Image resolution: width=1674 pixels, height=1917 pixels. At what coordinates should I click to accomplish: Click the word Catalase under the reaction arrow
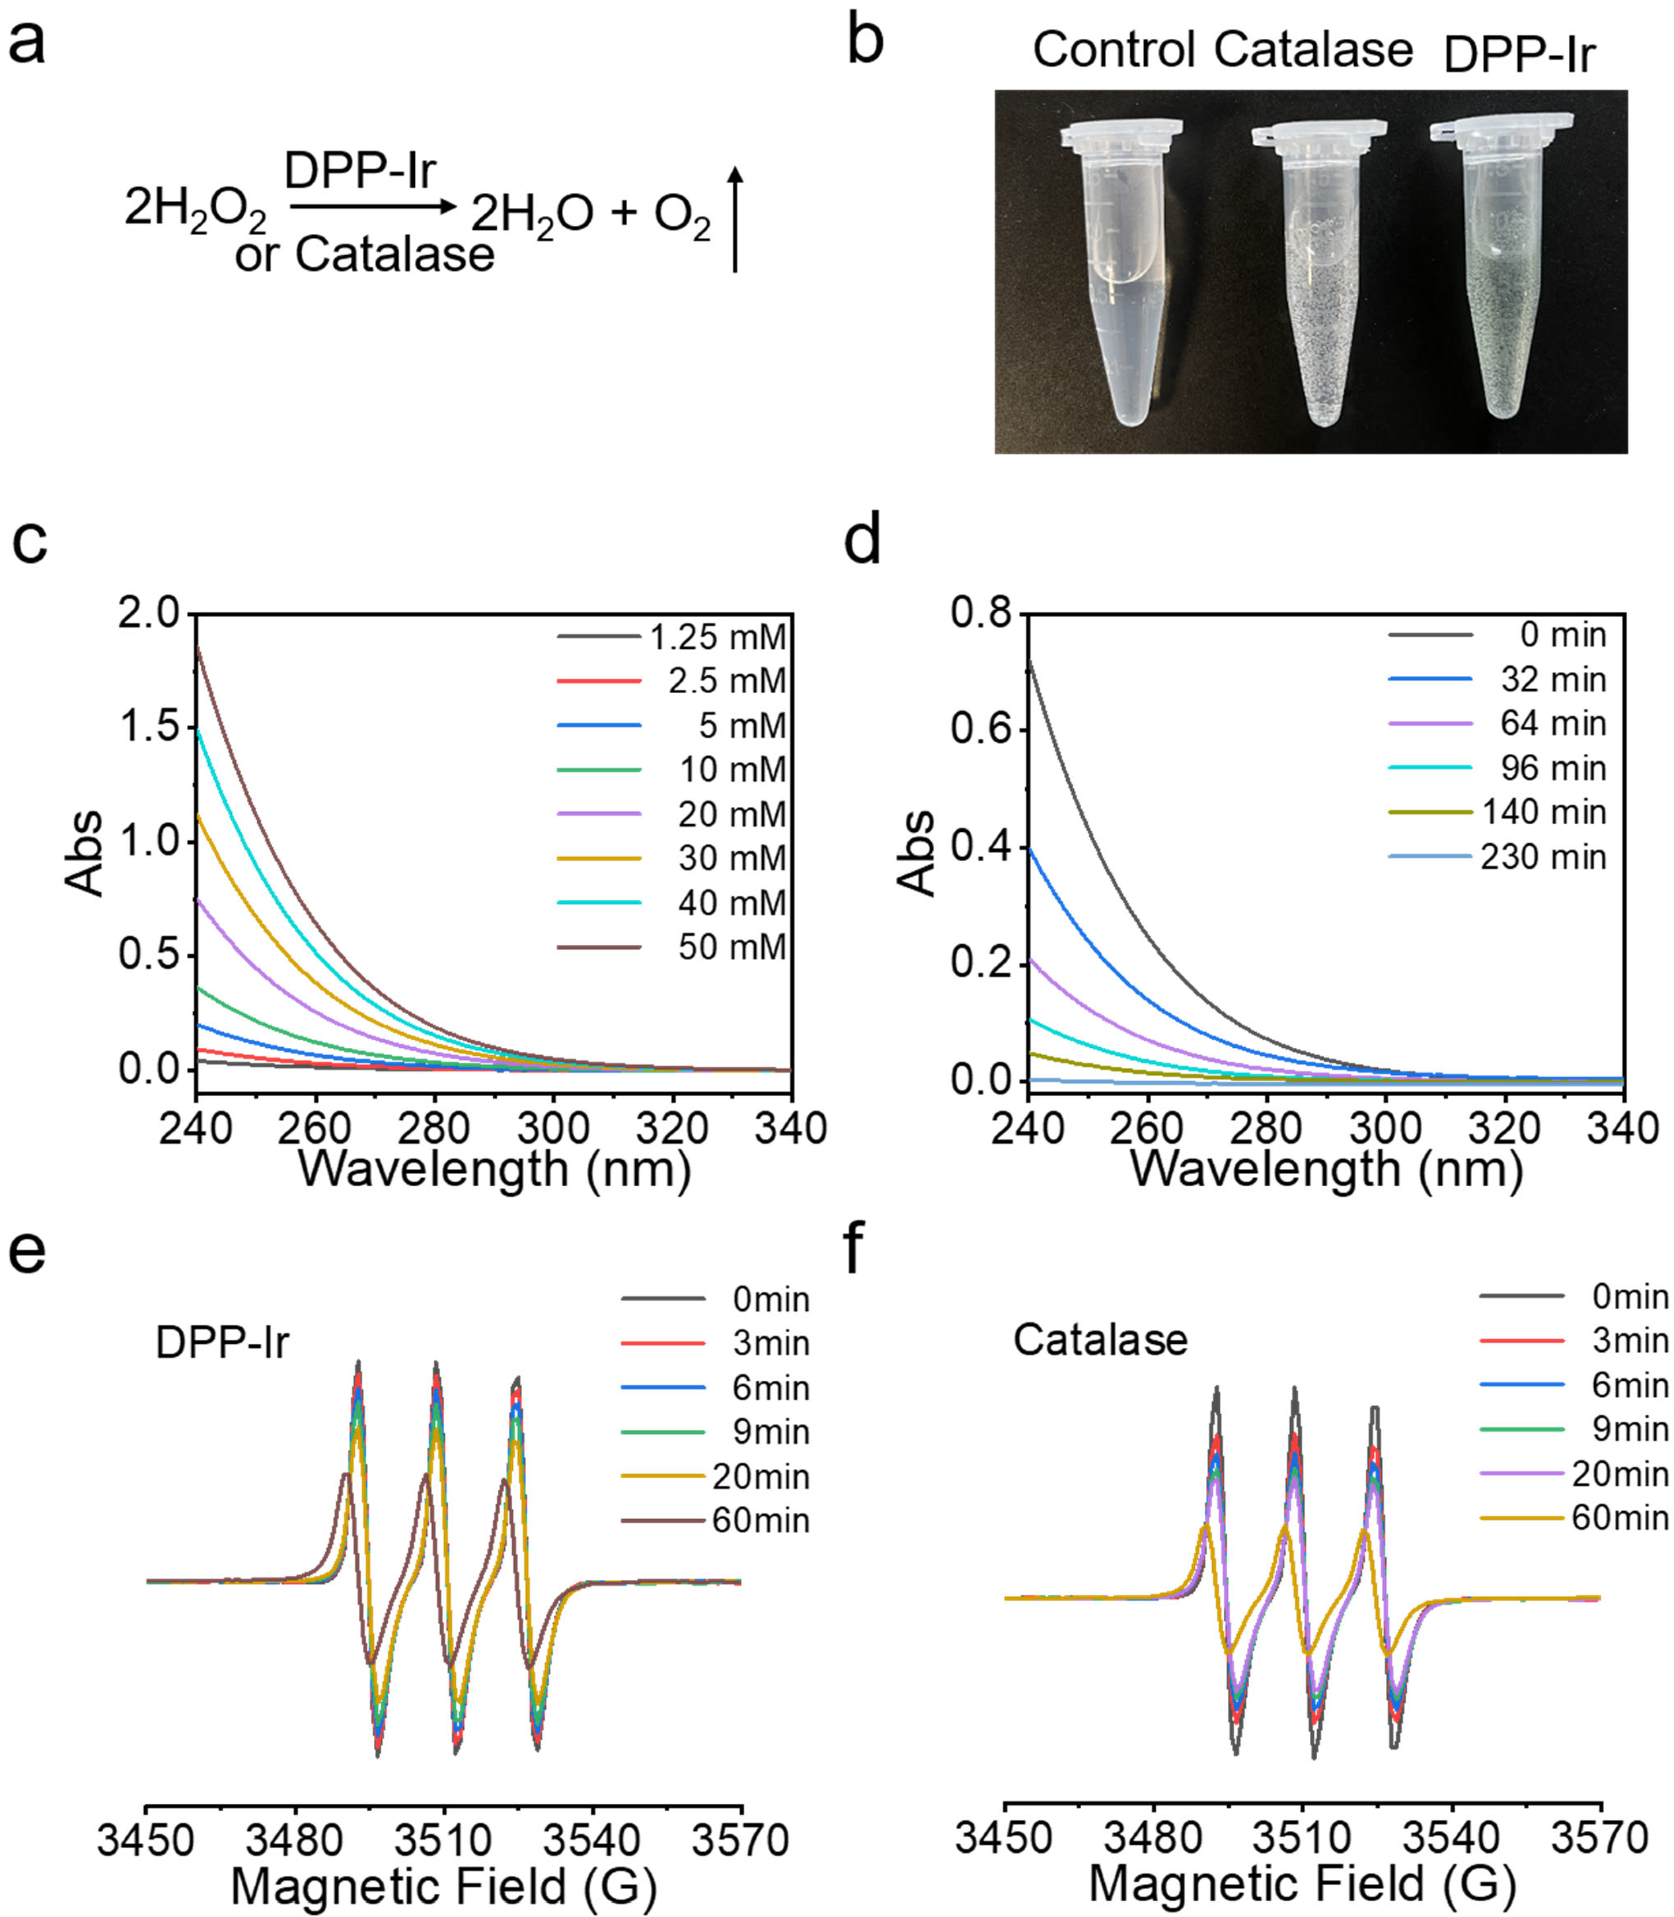(x=394, y=254)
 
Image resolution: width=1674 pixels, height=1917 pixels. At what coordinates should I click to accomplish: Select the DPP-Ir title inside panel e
(x=222, y=1342)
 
